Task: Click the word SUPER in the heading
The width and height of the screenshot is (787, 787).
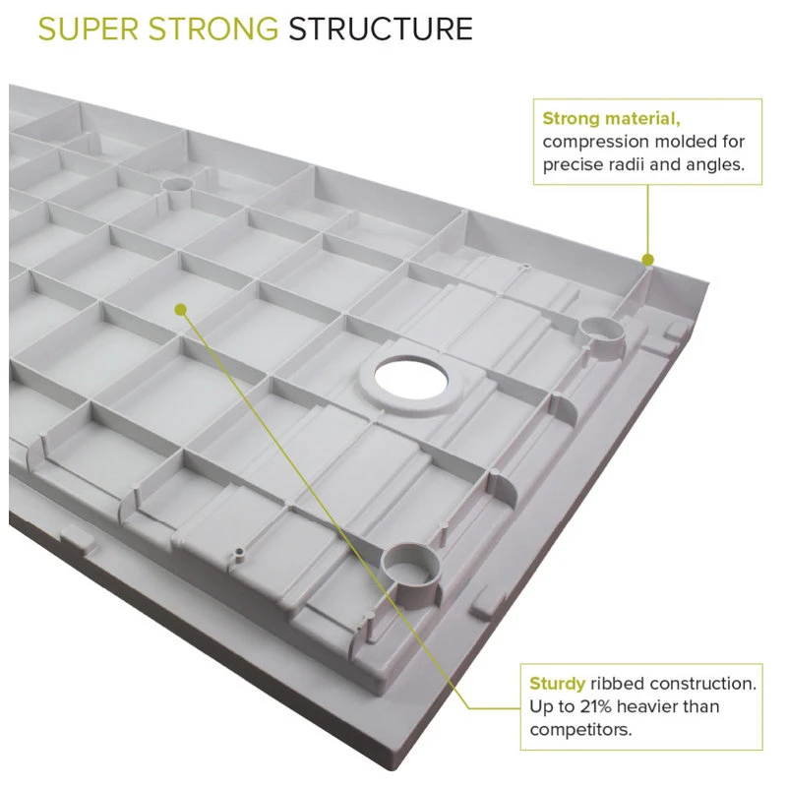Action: point(89,30)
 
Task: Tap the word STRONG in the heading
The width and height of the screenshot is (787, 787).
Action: point(213,30)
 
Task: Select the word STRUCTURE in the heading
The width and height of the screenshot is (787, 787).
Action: point(381,30)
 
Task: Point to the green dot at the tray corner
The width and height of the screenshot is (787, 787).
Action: point(648,260)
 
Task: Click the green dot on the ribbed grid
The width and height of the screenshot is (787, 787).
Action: point(181,309)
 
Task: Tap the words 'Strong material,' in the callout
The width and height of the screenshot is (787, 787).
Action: point(611,118)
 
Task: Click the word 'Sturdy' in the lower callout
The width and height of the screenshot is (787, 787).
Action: point(557,684)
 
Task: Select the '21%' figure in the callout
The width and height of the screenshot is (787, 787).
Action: point(596,706)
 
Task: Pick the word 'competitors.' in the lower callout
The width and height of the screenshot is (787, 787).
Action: point(580,730)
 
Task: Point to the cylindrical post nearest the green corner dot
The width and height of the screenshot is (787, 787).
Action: point(601,334)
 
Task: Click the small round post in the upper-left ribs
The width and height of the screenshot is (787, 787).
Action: point(177,187)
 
